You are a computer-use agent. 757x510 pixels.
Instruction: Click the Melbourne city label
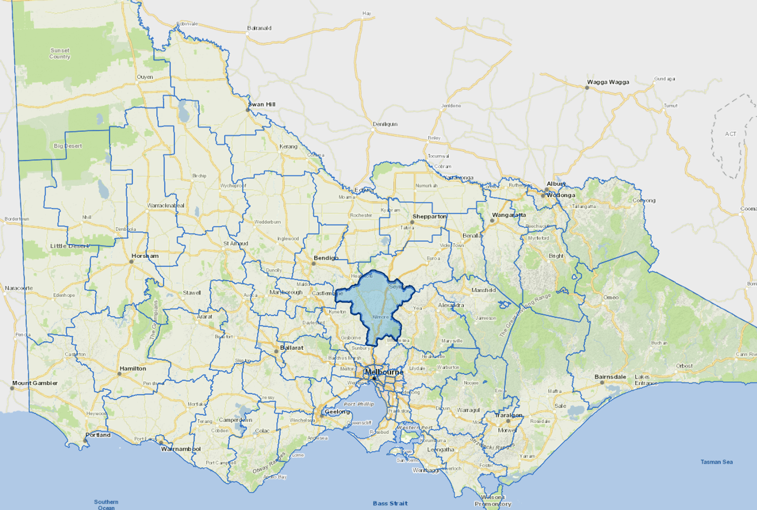click(384, 372)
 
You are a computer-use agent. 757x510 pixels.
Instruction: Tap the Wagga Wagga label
click(608, 82)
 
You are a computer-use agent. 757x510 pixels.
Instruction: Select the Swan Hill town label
click(262, 104)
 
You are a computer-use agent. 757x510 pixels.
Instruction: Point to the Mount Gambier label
click(35, 383)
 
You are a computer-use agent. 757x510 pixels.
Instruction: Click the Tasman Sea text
click(717, 462)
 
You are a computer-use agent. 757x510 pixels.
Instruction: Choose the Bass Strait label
click(390, 503)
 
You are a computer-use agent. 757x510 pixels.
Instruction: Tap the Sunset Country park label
click(60, 54)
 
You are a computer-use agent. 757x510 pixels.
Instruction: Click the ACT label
click(731, 134)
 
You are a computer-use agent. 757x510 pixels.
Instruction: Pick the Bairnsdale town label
click(610, 377)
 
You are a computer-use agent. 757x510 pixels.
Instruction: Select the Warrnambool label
click(181, 449)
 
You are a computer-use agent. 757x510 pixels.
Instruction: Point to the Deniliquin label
click(385, 124)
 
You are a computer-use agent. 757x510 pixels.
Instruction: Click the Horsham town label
click(145, 256)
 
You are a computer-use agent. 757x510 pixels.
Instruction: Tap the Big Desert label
click(68, 146)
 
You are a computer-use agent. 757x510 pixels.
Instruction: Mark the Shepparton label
click(429, 216)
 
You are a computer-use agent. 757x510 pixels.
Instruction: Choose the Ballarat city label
click(292, 348)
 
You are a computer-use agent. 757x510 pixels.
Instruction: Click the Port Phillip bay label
click(359, 404)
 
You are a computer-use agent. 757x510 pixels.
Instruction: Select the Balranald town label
click(259, 28)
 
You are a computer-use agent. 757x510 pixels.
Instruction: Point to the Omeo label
click(611, 298)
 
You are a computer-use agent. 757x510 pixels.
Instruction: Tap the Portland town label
click(98, 435)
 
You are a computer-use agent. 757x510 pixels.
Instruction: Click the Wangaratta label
click(509, 215)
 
